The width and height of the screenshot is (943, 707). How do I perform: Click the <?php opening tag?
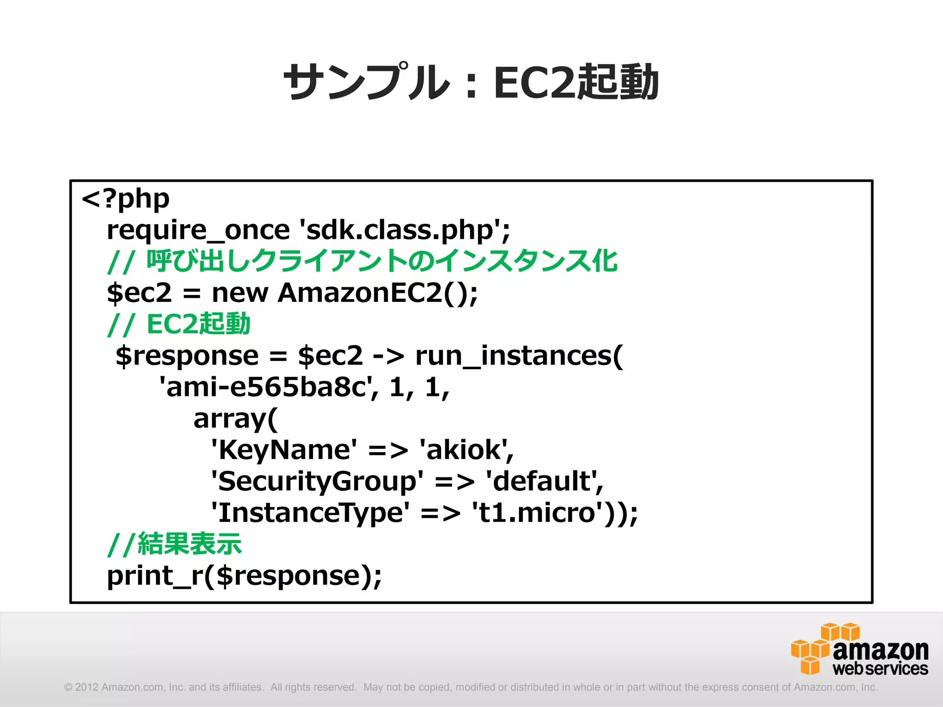[x=125, y=199]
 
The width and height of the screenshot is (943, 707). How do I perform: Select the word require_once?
[x=198, y=230]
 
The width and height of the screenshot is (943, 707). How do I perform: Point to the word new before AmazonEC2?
[x=239, y=293]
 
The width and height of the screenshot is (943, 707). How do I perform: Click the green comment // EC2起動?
[x=179, y=325]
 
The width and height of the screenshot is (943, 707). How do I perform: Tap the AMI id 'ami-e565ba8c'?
[x=267, y=388]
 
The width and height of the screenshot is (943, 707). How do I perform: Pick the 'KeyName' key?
[x=284, y=450]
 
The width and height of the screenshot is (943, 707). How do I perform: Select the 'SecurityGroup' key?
[x=317, y=481]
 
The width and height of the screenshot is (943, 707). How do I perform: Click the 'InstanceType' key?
[x=310, y=513]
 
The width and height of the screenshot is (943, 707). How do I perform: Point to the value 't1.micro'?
[x=537, y=513]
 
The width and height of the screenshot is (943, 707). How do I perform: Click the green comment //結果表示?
[x=174, y=544]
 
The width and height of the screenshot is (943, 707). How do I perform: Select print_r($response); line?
[x=244, y=576]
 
